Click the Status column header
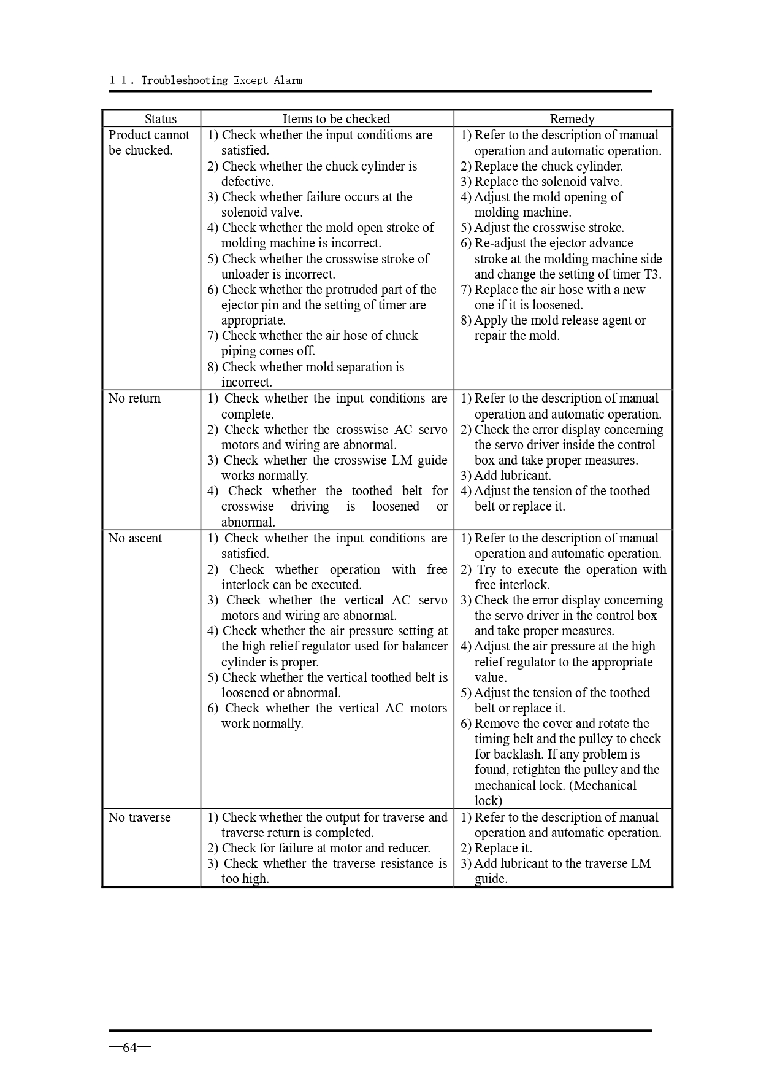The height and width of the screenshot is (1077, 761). [x=160, y=119]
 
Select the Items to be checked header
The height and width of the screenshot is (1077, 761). [x=335, y=119]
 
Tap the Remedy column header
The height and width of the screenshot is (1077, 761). [x=572, y=119]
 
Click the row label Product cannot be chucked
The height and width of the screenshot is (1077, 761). [x=148, y=142]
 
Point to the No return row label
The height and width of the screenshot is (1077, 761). [x=134, y=398]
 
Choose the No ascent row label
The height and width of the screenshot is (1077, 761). [x=135, y=538]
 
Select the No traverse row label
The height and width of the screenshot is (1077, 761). [x=139, y=817]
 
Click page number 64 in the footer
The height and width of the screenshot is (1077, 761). [x=129, y=1048]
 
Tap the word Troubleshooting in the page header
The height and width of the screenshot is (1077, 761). [x=184, y=80]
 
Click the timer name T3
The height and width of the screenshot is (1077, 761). [x=652, y=274]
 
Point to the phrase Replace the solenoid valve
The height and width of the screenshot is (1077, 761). [x=548, y=182]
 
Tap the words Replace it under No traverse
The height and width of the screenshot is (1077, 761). [x=503, y=848]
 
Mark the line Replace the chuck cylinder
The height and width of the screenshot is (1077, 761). [x=548, y=166]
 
